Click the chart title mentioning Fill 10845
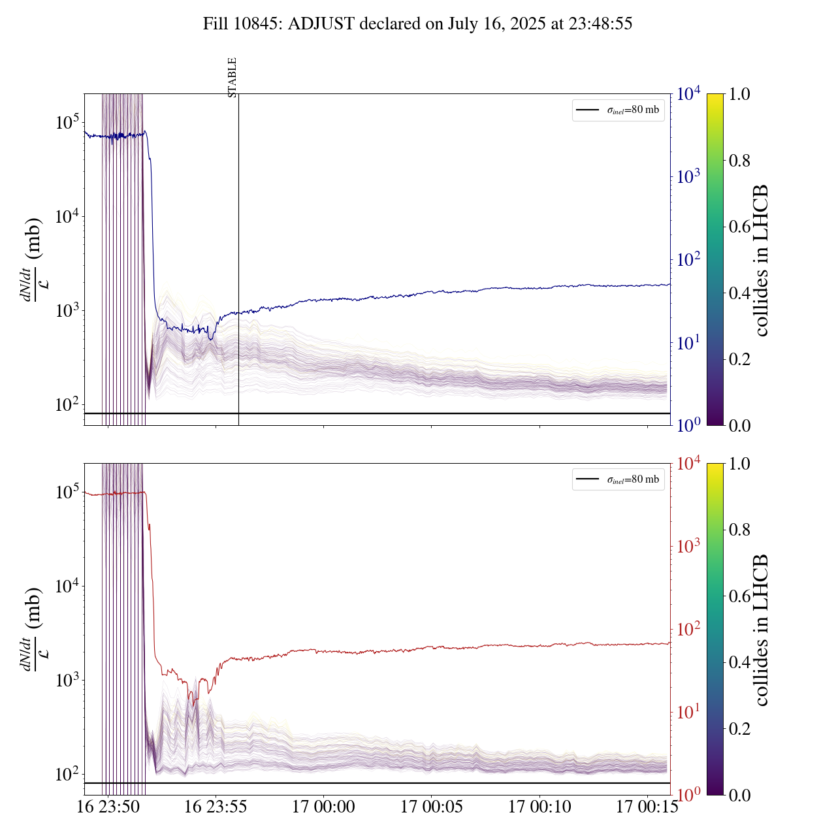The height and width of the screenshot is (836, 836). [417, 24]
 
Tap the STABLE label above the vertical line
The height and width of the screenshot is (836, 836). [233, 77]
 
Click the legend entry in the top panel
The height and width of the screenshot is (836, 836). [618, 110]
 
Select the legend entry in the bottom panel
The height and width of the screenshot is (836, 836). [618, 479]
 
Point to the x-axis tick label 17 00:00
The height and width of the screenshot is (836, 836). [323, 807]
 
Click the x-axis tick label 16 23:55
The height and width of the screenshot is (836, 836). [216, 807]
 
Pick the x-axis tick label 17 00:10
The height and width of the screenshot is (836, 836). [539, 807]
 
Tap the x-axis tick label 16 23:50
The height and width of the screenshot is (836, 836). [108, 807]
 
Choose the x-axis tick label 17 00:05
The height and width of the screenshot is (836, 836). [432, 807]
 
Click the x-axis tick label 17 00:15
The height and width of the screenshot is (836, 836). [647, 807]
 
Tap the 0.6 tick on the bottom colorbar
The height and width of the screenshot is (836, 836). [739, 596]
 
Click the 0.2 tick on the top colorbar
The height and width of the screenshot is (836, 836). [739, 359]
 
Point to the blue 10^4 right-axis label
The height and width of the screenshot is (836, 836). [688, 95]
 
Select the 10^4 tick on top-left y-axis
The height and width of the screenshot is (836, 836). [67, 216]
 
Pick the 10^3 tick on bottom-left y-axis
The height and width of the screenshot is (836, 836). [67, 681]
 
